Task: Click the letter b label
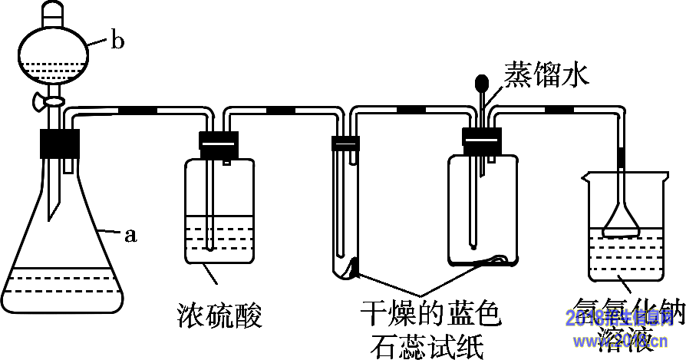pos(117,41)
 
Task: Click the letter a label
pos(130,236)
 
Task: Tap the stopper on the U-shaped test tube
pos(345,143)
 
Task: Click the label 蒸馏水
pos(546,74)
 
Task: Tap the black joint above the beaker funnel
pos(622,156)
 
